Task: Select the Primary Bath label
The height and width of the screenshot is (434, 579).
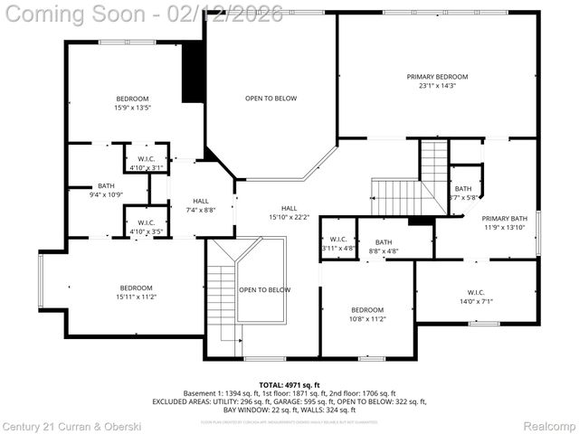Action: click(x=504, y=218)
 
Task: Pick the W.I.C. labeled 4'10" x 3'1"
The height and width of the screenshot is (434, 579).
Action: click(x=146, y=161)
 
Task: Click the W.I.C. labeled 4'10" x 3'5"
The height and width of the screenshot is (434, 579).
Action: click(x=146, y=226)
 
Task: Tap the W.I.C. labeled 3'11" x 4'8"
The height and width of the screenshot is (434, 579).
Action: click(x=338, y=242)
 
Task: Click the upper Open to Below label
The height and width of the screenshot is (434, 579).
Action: click(x=271, y=98)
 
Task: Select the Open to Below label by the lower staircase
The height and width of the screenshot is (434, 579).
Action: click(x=264, y=289)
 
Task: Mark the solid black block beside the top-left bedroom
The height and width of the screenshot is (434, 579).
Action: click(x=193, y=71)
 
